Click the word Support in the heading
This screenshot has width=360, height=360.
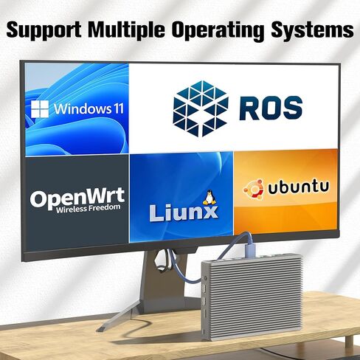coord(44,29)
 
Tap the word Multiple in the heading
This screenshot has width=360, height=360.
coord(127,29)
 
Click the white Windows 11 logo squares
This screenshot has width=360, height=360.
coord(40,109)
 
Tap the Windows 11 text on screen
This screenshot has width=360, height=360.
coord(89,108)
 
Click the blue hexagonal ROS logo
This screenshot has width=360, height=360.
coord(201,108)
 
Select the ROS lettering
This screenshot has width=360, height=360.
coord(271,108)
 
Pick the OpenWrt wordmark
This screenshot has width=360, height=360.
coord(77,197)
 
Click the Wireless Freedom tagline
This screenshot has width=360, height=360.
coord(89,208)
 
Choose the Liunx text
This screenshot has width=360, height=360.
coord(184,213)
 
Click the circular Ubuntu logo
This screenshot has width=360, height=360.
coord(253,189)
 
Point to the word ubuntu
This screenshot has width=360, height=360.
coord(298,187)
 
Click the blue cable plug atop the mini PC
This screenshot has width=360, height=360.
coord(250,246)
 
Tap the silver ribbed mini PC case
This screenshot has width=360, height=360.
coord(252,297)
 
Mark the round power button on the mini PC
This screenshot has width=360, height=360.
coord(206,278)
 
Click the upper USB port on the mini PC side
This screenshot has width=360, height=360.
coord(204,288)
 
